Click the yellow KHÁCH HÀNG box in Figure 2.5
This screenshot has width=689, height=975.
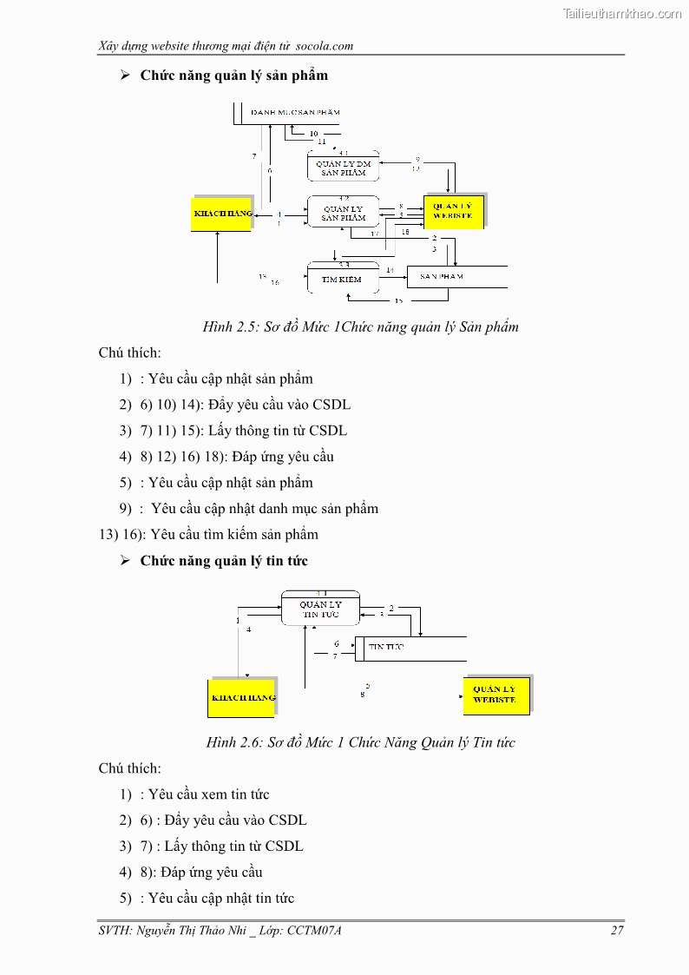[x=221, y=214]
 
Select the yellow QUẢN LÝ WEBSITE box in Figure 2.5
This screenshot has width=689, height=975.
[x=453, y=212]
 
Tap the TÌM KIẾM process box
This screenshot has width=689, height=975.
[x=343, y=280]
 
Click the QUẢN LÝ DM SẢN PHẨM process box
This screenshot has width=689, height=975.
[x=343, y=168]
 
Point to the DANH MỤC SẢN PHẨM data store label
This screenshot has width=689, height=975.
[x=295, y=112]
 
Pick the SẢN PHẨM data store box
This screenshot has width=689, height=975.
[x=456, y=276]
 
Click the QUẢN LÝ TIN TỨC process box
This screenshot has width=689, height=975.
[x=320, y=609]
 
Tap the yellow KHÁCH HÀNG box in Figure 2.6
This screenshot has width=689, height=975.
[x=241, y=697]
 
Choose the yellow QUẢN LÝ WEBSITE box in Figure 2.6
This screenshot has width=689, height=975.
[x=495, y=695]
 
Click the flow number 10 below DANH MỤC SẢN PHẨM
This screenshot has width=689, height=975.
[x=313, y=134]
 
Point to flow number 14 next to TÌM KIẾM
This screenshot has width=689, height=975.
[x=390, y=271]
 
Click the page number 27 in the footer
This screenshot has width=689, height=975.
[x=617, y=931]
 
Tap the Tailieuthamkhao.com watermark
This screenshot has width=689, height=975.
[x=621, y=14]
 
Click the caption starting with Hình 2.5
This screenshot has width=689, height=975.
[x=360, y=327]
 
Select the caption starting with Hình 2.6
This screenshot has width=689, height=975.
[x=360, y=742]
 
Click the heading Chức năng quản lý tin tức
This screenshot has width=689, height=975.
[x=224, y=561]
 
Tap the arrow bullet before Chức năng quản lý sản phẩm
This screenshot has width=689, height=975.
[x=125, y=76]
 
